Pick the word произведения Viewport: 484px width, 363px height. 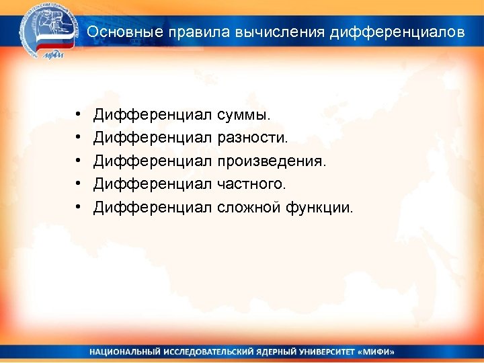click(x=272, y=161)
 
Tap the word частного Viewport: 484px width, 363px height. click(x=251, y=184)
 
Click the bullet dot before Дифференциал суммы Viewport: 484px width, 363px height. click(x=79, y=115)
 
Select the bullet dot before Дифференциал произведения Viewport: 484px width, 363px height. click(x=79, y=161)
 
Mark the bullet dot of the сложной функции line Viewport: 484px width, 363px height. click(x=79, y=207)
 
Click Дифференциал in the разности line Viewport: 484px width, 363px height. click(x=153, y=138)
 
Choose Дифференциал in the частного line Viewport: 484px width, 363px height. click(x=153, y=184)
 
